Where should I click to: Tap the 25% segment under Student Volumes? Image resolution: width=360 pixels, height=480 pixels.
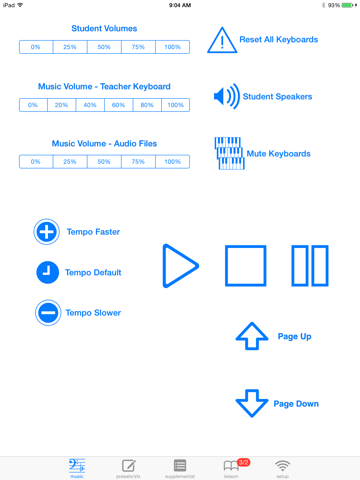pos(70,47)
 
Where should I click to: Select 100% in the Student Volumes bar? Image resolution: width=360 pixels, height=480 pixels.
pos(172,47)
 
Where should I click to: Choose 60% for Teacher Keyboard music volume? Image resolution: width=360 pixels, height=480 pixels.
pos(118,104)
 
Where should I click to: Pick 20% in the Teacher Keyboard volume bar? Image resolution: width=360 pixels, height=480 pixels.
pos(61,104)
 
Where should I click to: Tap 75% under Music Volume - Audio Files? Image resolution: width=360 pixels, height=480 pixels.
pos(138,161)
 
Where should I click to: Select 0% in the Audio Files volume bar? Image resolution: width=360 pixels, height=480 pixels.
pos(36,161)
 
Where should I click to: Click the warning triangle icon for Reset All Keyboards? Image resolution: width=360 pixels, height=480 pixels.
pos(221,40)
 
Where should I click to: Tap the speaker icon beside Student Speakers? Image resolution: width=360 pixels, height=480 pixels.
pos(226,96)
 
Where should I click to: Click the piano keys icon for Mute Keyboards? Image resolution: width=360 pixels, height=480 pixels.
pos(229,153)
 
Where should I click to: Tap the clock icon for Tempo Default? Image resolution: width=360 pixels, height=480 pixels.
pos(47,272)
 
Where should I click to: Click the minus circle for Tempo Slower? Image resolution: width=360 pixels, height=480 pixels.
pos(47,313)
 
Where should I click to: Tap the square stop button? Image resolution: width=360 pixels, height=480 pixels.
pos(244,265)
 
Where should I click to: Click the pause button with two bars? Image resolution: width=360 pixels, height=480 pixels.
pos(310,265)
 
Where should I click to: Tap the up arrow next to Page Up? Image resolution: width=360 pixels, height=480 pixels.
pos(250,336)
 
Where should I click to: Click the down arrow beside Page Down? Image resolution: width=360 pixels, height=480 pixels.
pos(250,403)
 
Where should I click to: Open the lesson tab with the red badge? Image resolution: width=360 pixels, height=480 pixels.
pos(231,466)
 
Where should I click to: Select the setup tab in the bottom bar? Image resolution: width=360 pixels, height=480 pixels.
pos(283,466)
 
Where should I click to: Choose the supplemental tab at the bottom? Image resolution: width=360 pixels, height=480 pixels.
pos(180,466)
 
